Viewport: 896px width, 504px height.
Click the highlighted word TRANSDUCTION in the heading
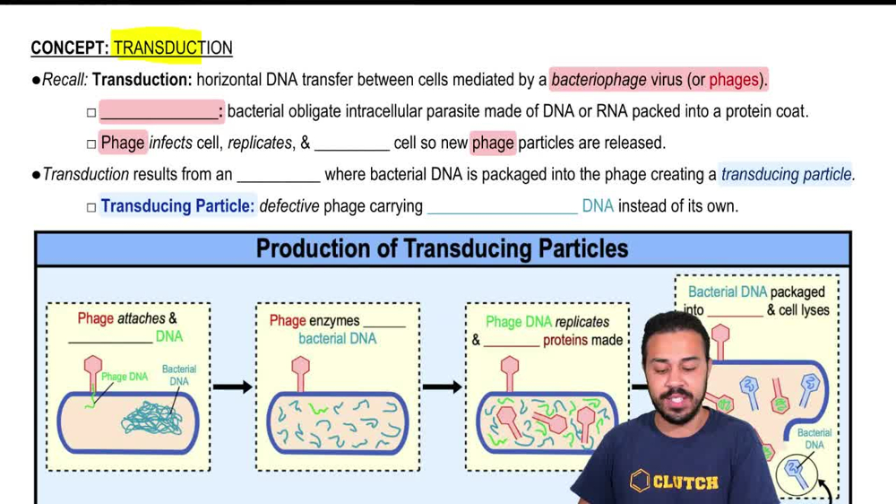coord(172,48)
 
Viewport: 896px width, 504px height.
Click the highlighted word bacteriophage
coord(599,80)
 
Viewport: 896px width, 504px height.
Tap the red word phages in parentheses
coord(735,80)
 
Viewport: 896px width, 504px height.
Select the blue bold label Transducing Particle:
coord(178,206)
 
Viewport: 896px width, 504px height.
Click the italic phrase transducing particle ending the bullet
coord(787,174)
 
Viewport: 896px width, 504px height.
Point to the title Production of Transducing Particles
coord(442,248)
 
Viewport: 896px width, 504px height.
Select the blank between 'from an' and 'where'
coord(278,176)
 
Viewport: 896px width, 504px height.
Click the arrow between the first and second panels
coord(233,387)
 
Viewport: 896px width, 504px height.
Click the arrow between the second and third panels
coord(442,387)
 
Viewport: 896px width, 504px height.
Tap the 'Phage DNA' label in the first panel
coord(125,377)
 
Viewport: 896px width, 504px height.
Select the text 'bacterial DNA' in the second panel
coord(337,339)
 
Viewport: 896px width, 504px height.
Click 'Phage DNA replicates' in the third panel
coord(547,322)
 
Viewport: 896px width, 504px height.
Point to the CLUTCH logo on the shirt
coord(674,482)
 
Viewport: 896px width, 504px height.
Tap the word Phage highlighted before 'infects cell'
coord(123,143)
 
